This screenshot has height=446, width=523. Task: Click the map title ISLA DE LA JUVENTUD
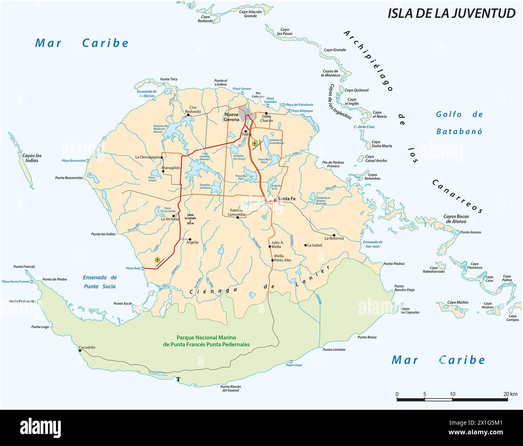tap(451, 13)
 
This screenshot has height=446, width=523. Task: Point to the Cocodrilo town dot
tap(80, 350)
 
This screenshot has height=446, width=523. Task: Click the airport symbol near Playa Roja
tap(157, 260)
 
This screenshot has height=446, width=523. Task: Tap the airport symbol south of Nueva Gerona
tap(254, 143)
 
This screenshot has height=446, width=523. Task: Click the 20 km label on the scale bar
tap(510, 394)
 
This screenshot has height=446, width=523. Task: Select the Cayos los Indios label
tap(32, 158)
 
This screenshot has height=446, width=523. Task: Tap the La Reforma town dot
tap(334, 235)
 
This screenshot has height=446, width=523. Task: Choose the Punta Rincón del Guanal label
tap(231, 388)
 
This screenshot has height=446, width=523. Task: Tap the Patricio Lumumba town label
tap(237, 212)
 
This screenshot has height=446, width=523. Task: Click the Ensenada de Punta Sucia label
tap(99, 282)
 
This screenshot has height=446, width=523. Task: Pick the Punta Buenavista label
tap(68, 178)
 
